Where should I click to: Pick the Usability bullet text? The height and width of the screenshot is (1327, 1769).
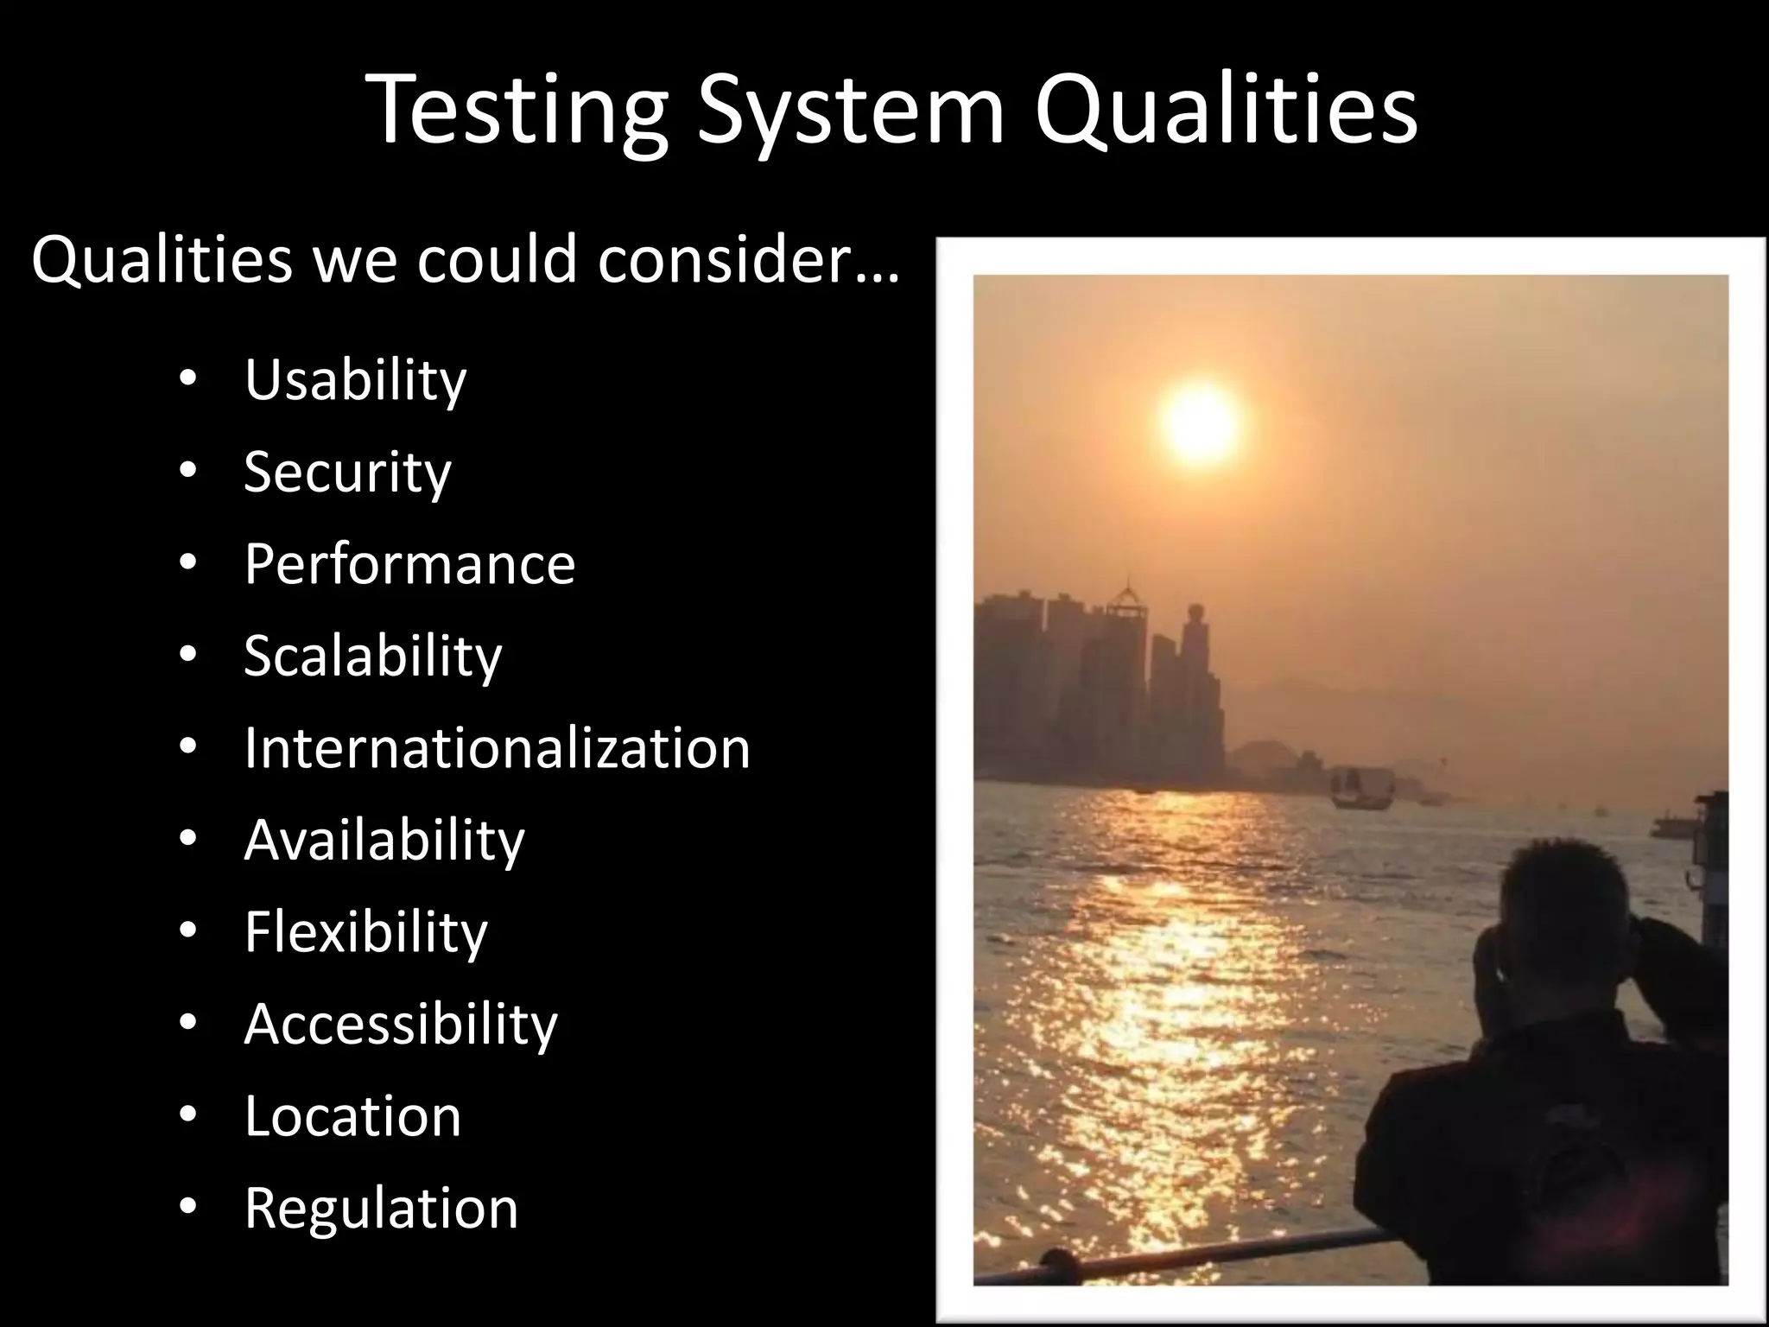(355, 380)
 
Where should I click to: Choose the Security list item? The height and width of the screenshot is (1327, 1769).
(347, 473)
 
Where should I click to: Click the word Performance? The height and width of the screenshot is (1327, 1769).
(409, 564)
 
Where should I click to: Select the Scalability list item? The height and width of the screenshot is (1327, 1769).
(372, 656)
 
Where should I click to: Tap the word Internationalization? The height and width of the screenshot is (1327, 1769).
(497, 748)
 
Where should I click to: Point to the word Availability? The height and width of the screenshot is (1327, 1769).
(384, 840)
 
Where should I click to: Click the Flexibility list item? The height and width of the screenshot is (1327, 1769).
(365, 932)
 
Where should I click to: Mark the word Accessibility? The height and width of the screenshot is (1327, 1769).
(401, 1025)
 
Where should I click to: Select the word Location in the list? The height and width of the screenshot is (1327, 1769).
(352, 1116)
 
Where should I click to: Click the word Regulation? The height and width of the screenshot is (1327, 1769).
(381, 1209)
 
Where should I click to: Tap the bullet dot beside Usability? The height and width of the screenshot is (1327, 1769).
(189, 379)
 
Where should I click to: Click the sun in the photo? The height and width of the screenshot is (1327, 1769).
(1202, 421)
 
